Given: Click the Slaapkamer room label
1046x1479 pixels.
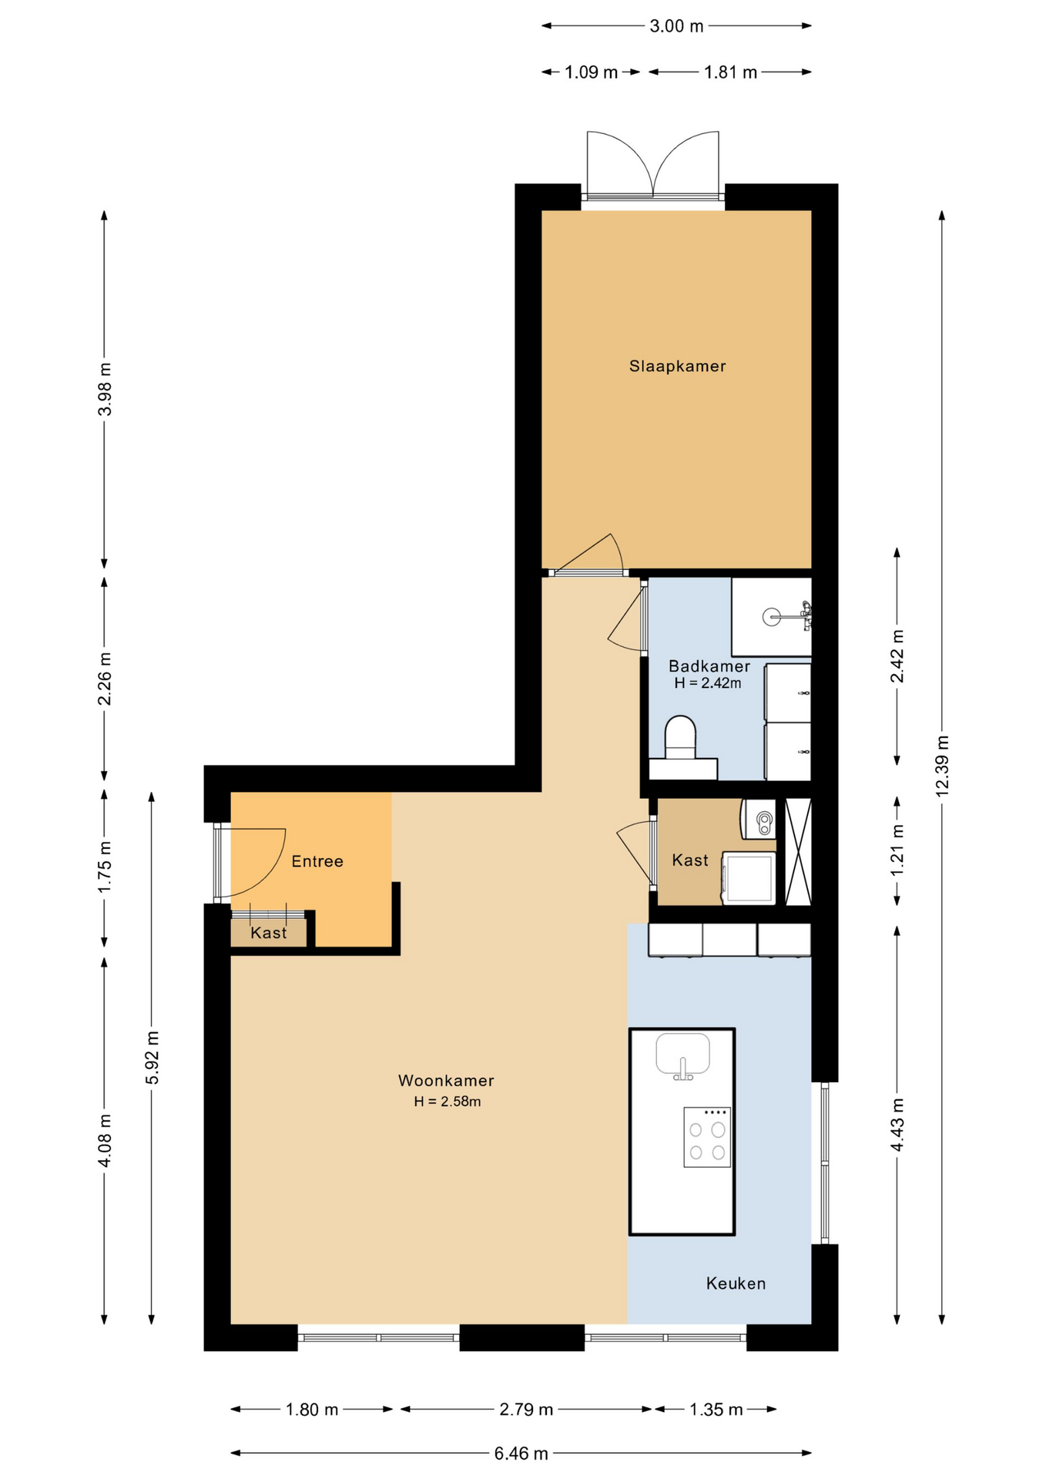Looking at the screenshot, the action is (677, 367).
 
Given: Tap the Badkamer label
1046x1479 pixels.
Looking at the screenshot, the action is (709, 666).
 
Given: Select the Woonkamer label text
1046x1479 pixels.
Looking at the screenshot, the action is (446, 1081).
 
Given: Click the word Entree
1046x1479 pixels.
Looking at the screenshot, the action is (317, 861).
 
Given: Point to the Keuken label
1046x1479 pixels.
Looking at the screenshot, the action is (736, 1283).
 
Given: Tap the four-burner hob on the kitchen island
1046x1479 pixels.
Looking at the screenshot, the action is (707, 1137).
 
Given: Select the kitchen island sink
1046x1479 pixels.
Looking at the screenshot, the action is (682, 1055).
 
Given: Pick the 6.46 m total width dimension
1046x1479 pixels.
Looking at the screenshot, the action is (521, 1454).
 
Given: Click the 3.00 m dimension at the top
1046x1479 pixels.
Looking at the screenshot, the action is (676, 26).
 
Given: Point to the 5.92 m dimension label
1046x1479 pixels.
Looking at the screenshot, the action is (152, 1058).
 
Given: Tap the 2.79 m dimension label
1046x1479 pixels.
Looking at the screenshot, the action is (526, 1410).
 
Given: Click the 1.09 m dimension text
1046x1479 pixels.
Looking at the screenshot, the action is (591, 72).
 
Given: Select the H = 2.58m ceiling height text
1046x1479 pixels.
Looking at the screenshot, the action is (447, 1102).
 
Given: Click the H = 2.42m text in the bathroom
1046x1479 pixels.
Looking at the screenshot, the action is (707, 683).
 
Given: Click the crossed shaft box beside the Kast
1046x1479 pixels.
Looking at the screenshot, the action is (798, 851).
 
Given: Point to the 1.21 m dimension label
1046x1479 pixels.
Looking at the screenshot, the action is (897, 850).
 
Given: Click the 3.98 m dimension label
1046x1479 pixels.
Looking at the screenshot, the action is (104, 389).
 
